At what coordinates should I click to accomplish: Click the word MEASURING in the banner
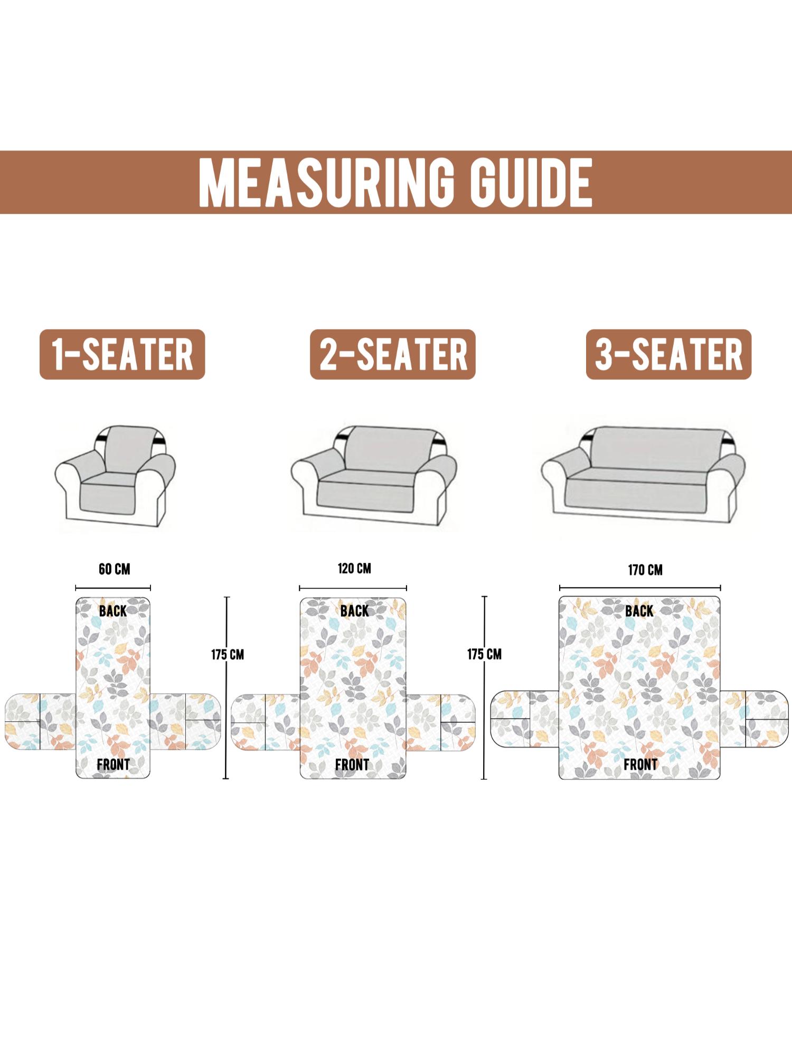[326, 183]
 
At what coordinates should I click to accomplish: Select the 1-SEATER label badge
[122, 354]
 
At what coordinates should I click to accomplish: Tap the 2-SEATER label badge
[393, 354]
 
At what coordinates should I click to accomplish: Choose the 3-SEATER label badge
[668, 354]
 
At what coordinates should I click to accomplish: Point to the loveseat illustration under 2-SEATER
[374, 473]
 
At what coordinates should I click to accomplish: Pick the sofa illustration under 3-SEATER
[643, 472]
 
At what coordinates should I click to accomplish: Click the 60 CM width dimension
[114, 569]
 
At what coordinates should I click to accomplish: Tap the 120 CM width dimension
[354, 569]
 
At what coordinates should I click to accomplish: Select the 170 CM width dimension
[645, 570]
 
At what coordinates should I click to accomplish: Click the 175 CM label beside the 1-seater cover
[228, 655]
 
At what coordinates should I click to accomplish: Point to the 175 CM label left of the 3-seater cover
[484, 655]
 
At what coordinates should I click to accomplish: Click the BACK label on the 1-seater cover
[113, 611]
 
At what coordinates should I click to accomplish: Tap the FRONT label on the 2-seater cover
[352, 765]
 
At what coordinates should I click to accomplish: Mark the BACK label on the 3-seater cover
[639, 611]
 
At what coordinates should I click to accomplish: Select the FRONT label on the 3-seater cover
[640, 765]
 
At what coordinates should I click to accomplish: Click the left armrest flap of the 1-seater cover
[41, 721]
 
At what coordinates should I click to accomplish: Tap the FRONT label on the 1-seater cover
[113, 765]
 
